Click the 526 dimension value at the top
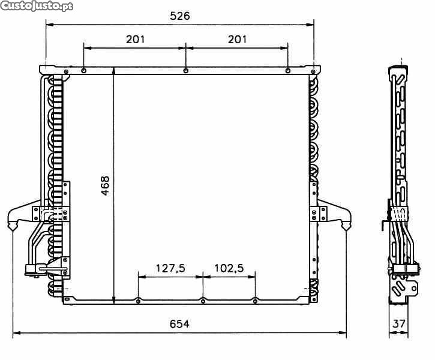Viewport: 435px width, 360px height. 180,16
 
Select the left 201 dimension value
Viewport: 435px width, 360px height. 136,40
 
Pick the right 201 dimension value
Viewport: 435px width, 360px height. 237,40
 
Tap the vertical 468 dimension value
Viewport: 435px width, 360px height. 105,185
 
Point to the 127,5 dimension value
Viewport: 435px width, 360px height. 170,268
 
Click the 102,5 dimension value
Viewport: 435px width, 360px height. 229,268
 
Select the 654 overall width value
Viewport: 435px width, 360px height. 179,323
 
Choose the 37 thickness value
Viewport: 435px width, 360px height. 399,323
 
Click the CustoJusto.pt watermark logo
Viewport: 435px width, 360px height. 37,6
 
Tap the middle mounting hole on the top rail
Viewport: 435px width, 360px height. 186,71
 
